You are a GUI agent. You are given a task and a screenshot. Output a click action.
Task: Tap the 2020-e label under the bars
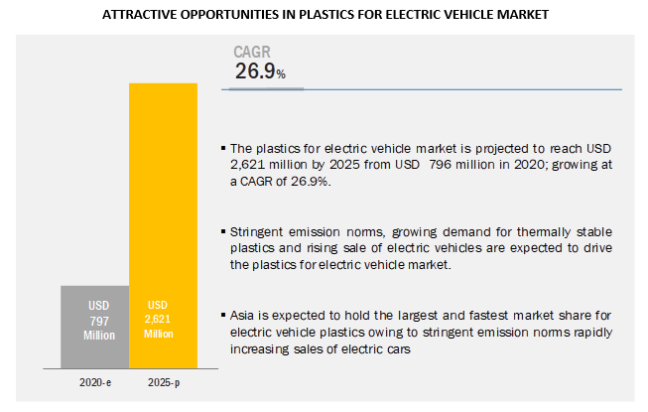pos(95,381)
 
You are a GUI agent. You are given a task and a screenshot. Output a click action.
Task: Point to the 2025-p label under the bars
pos(164,381)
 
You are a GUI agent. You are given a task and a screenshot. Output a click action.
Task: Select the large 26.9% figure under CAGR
pos(260,71)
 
